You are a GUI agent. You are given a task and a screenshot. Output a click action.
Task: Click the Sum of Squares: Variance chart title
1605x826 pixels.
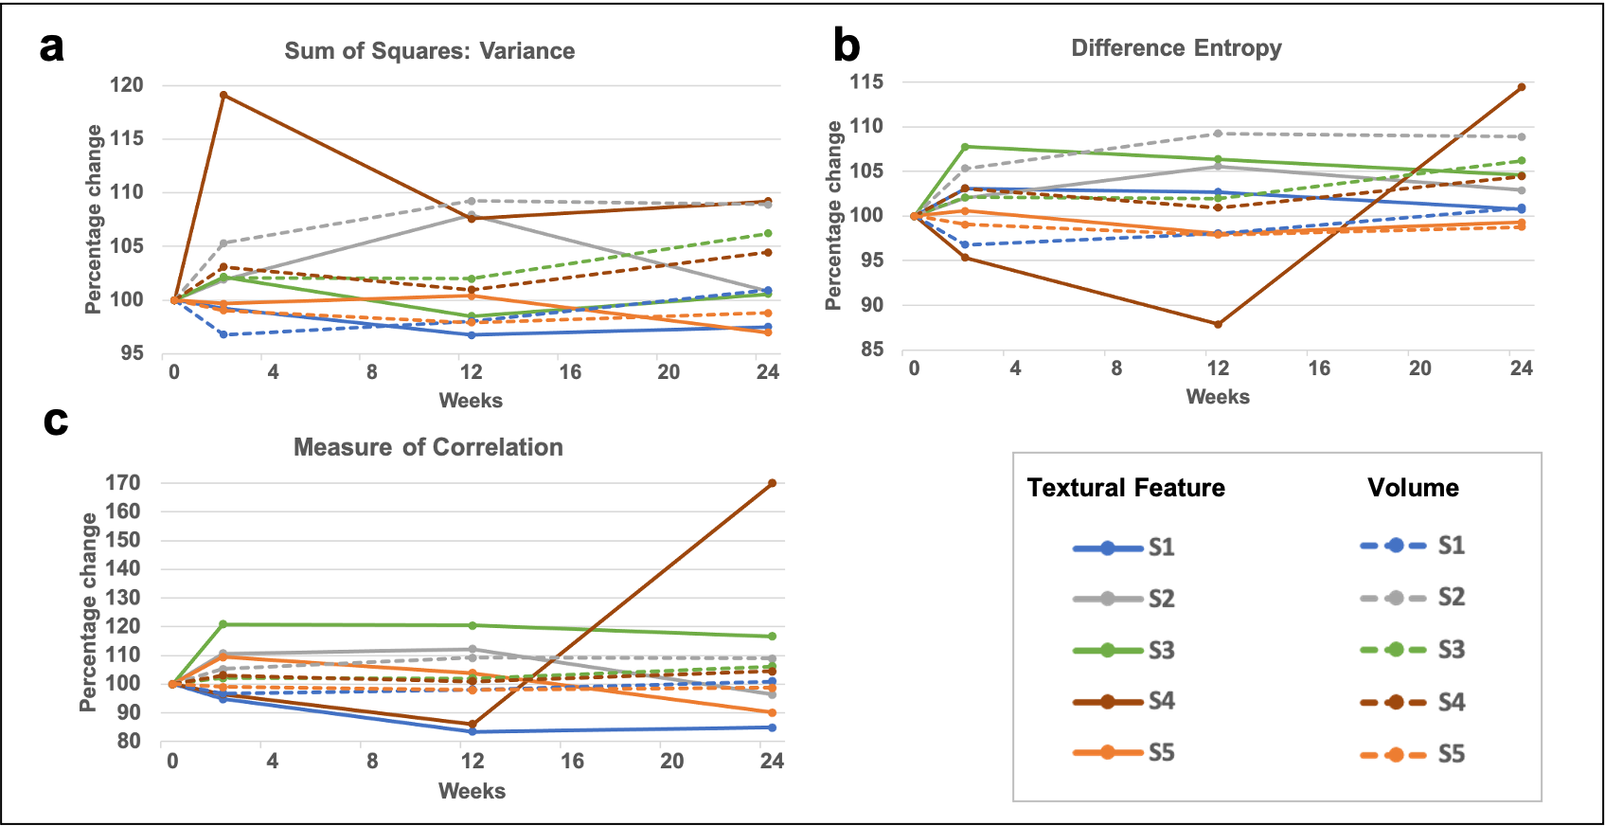point(429,51)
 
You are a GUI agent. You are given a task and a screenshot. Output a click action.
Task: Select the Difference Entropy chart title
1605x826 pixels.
point(1176,48)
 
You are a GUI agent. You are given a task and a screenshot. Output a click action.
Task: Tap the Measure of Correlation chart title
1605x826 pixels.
point(428,447)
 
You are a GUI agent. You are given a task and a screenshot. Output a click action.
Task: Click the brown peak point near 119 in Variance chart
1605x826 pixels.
point(223,95)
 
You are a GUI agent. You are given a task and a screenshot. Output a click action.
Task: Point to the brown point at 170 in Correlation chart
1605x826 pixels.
point(772,483)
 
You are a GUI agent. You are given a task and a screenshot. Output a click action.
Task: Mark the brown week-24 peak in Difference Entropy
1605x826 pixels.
point(1521,87)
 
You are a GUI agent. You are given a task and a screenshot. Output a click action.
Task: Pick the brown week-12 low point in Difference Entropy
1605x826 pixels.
point(1218,324)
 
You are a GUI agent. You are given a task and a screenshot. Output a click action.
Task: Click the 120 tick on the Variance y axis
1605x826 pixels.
point(127,85)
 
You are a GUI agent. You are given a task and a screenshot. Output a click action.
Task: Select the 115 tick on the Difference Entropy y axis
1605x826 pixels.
point(866,82)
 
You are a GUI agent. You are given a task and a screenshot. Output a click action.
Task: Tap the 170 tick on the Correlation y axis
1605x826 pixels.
point(123,483)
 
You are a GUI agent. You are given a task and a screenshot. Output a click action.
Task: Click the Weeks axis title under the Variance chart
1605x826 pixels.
point(471,400)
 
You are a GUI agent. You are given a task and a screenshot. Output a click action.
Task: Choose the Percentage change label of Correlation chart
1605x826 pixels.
point(88,612)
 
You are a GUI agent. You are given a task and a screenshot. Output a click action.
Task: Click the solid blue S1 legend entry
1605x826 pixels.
point(1123,548)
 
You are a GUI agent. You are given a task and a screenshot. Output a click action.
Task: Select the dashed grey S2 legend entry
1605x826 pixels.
point(1411,598)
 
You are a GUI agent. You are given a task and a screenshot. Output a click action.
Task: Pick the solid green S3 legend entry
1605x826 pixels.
point(1123,651)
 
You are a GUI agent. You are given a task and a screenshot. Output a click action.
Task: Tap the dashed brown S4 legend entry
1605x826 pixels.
point(1411,702)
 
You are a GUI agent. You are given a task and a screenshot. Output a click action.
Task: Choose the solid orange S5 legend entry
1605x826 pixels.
point(1123,753)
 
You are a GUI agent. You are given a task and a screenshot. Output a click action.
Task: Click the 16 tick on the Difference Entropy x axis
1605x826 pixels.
point(1319,368)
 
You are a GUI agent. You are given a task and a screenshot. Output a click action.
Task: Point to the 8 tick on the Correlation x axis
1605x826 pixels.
point(372,761)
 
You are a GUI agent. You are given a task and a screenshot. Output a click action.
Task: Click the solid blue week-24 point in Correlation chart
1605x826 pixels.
point(772,727)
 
